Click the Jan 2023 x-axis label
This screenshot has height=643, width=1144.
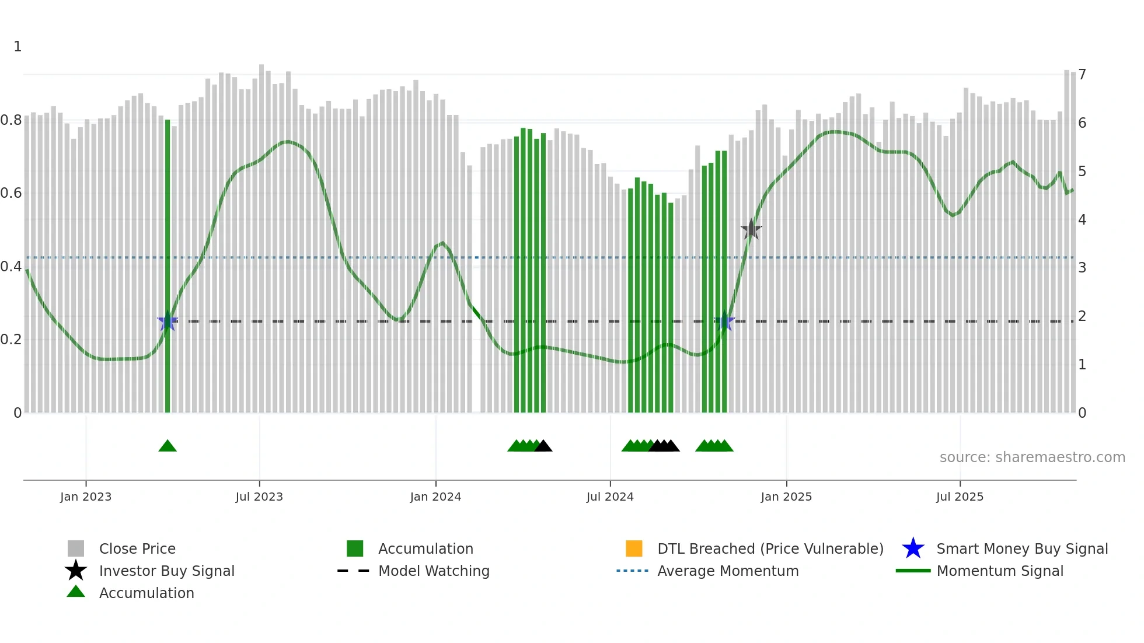(86, 497)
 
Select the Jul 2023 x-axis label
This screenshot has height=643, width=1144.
(259, 497)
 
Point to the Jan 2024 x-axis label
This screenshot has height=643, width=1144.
(435, 497)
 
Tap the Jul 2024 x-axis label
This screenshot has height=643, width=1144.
(610, 497)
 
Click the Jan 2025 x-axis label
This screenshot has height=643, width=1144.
(786, 497)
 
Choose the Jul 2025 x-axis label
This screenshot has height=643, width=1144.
(960, 497)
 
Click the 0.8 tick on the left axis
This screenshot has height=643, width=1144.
(12, 120)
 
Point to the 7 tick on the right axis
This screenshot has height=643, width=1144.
(1082, 75)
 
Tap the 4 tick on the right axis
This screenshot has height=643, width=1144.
(1082, 220)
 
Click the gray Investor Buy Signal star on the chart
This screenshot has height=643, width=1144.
(751, 230)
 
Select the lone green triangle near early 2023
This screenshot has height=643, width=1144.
(168, 446)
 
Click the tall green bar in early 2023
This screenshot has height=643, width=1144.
(168, 263)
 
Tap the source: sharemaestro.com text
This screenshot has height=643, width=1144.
(1032, 457)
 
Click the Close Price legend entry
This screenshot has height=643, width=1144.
(137, 548)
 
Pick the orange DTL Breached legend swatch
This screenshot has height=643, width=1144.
(634, 548)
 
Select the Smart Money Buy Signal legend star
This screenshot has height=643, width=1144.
(913, 548)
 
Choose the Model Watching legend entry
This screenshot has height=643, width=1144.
(434, 571)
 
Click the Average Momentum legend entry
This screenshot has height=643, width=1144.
(728, 571)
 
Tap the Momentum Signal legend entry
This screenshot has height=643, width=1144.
(1000, 571)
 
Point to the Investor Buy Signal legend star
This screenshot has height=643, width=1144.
(76, 571)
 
